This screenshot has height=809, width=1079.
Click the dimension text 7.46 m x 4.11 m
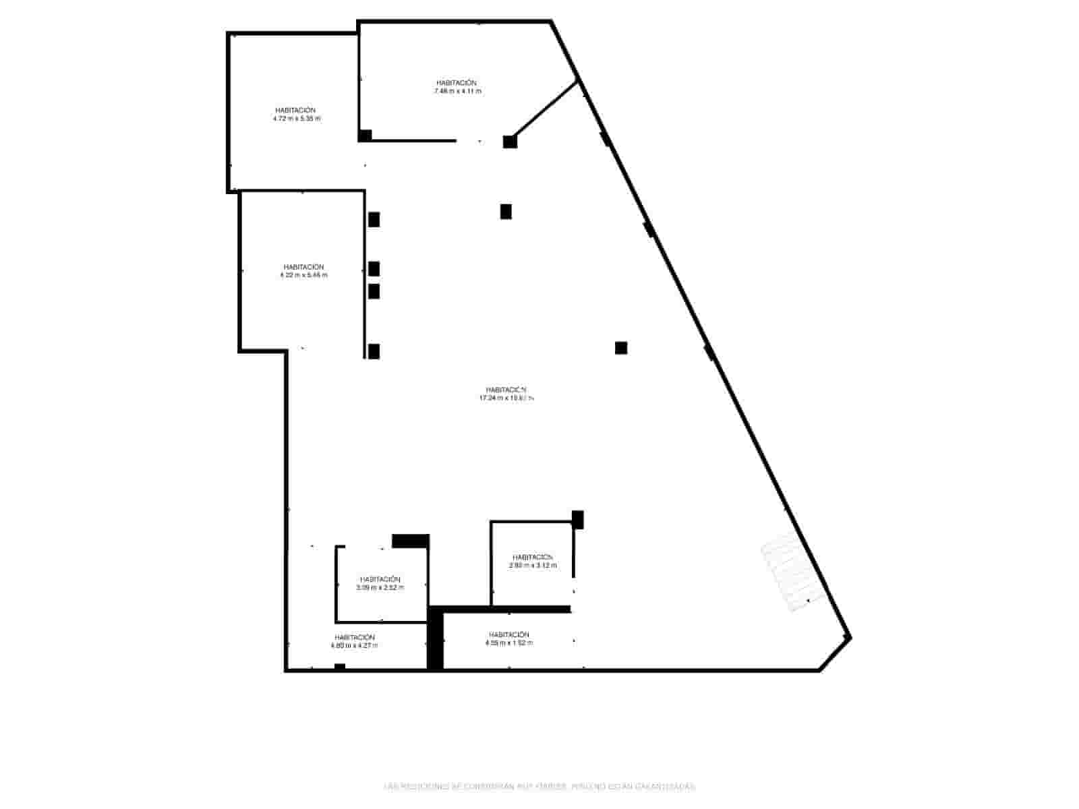pyautogui.click(x=458, y=91)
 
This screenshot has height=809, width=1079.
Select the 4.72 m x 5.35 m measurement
pyautogui.click(x=297, y=119)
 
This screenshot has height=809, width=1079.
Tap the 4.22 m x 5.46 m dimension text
pyautogui.click(x=303, y=275)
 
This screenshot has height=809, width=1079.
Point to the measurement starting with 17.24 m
pyautogui.click(x=506, y=398)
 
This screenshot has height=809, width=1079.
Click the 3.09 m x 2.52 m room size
pyautogui.click(x=380, y=588)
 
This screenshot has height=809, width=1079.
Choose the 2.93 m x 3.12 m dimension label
pyautogui.click(x=533, y=566)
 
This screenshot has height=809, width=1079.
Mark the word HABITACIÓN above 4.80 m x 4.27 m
pyautogui.click(x=355, y=637)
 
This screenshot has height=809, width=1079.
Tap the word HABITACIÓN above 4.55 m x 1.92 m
pyautogui.click(x=509, y=634)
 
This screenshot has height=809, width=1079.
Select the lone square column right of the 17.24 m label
pyautogui.click(x=621, y=348)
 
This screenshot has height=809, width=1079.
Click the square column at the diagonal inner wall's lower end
pyautogui.click(x=510, y=142)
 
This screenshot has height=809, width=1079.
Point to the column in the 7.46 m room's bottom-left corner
pyautogui.click(x=365, y=136)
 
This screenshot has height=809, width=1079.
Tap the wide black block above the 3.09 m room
pyautogui.click(x=411, y=541)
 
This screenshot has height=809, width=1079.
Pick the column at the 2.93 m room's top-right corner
pyautogui.click(x=577, y=519)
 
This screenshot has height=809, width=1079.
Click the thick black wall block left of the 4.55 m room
pyautogui.click(x=436, y=638)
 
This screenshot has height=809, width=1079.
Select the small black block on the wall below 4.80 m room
pyautogui.click(x=340, y=667)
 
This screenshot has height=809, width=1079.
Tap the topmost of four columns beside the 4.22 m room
pyautogui.click(x=374, y=220)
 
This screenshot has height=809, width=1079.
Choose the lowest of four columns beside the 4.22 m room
pyautogui.click(x=374, y=351)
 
